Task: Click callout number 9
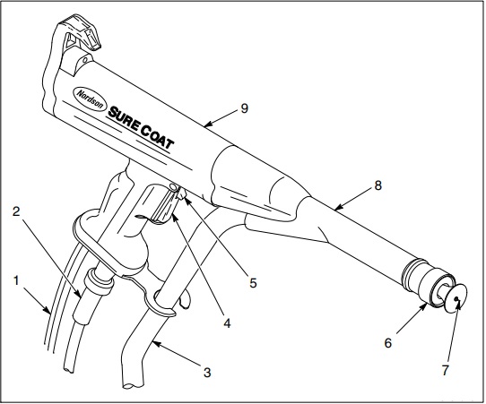coord(245,108)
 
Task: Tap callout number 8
coord(378,185)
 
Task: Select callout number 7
coord(445,370)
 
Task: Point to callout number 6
coord(388,343)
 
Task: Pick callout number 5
coord(253,283)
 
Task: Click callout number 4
coord(227,323)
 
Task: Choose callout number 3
coord(207,372)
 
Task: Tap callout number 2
coord(16,211)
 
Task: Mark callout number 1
coord(16,280)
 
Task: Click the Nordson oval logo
coord(91,99)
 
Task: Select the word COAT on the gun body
coord(157,138)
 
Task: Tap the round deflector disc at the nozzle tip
coord(455,297)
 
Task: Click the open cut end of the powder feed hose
coord(134,385)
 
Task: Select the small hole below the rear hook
coord(84,59)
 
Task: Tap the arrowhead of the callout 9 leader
coord(208,125)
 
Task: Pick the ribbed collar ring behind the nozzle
coord(412,272)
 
